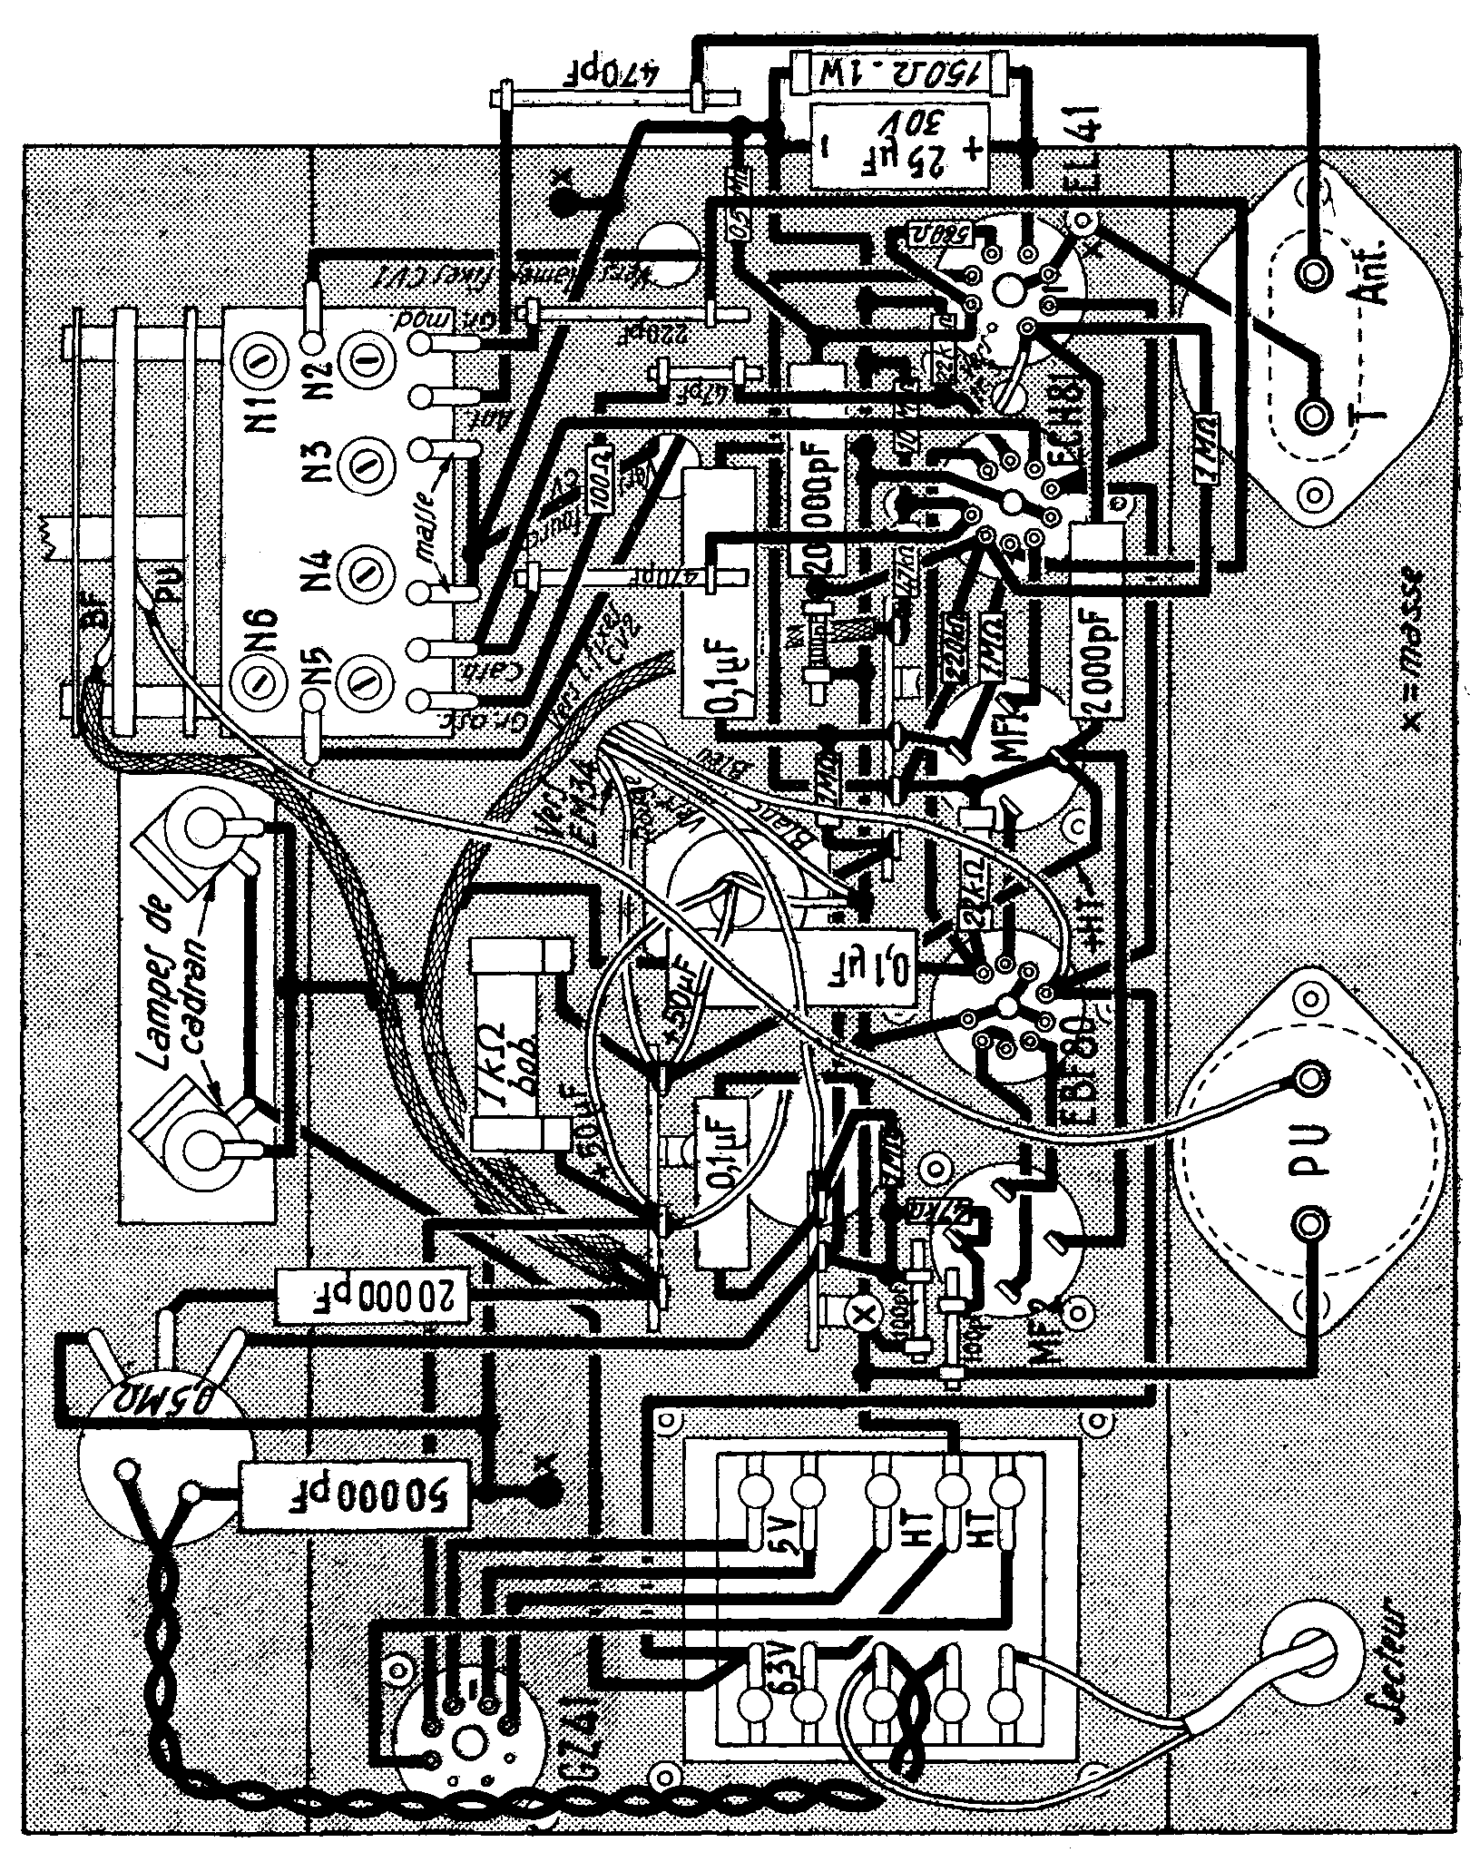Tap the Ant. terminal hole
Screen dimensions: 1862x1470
click(x=1313, y=271)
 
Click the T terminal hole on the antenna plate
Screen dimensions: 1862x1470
click(x=1313, y=416)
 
